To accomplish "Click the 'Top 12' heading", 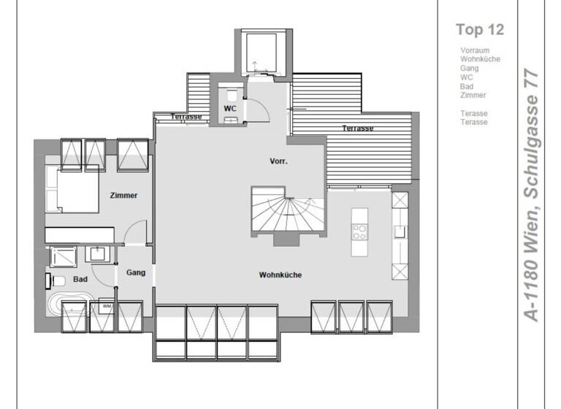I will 479,30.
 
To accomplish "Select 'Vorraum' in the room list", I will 475,50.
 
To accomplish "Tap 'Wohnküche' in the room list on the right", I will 480,59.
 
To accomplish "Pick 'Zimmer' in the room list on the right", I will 473,95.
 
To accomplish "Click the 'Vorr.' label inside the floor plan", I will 278,161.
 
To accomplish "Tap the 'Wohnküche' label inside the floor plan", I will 280,275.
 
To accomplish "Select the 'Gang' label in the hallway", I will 136,272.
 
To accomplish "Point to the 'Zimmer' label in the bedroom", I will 123,196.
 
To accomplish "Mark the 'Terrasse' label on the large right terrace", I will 358,129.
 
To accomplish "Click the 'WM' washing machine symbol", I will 106,306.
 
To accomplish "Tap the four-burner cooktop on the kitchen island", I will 359,233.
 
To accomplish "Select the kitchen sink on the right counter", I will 400,232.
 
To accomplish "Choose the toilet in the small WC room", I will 231,95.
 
